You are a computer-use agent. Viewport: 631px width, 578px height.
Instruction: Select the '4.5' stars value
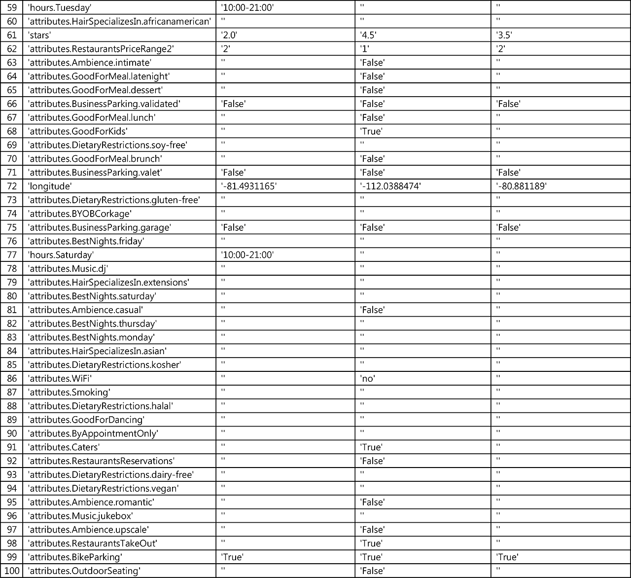pos(369,35)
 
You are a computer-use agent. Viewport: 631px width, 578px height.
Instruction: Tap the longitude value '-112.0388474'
pos(390,186)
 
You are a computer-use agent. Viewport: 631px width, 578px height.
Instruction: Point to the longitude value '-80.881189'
pos(522,186)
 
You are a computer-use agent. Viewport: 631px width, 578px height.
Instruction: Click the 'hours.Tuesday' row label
pos(60,7)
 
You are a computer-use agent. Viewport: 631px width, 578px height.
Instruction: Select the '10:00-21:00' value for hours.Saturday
pos(247,254)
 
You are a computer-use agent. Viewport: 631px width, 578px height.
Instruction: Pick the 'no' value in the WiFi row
pos(367,378)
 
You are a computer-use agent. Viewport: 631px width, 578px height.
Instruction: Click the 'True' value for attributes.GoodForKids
pos(371,131)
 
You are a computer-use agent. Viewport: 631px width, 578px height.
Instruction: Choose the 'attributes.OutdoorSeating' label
pos(84,571)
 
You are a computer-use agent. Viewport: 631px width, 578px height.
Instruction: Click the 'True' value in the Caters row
pos(371,447)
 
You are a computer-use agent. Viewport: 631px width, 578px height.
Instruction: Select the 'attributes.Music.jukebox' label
pos(80,516)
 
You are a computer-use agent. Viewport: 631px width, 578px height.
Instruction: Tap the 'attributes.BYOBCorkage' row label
pos(80,214)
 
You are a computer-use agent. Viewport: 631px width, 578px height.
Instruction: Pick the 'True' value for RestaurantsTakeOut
pos(371,543)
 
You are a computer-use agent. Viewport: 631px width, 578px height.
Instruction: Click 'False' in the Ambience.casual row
pos(372,310)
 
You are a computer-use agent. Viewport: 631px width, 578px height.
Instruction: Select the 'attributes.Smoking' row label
pos(69,392)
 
